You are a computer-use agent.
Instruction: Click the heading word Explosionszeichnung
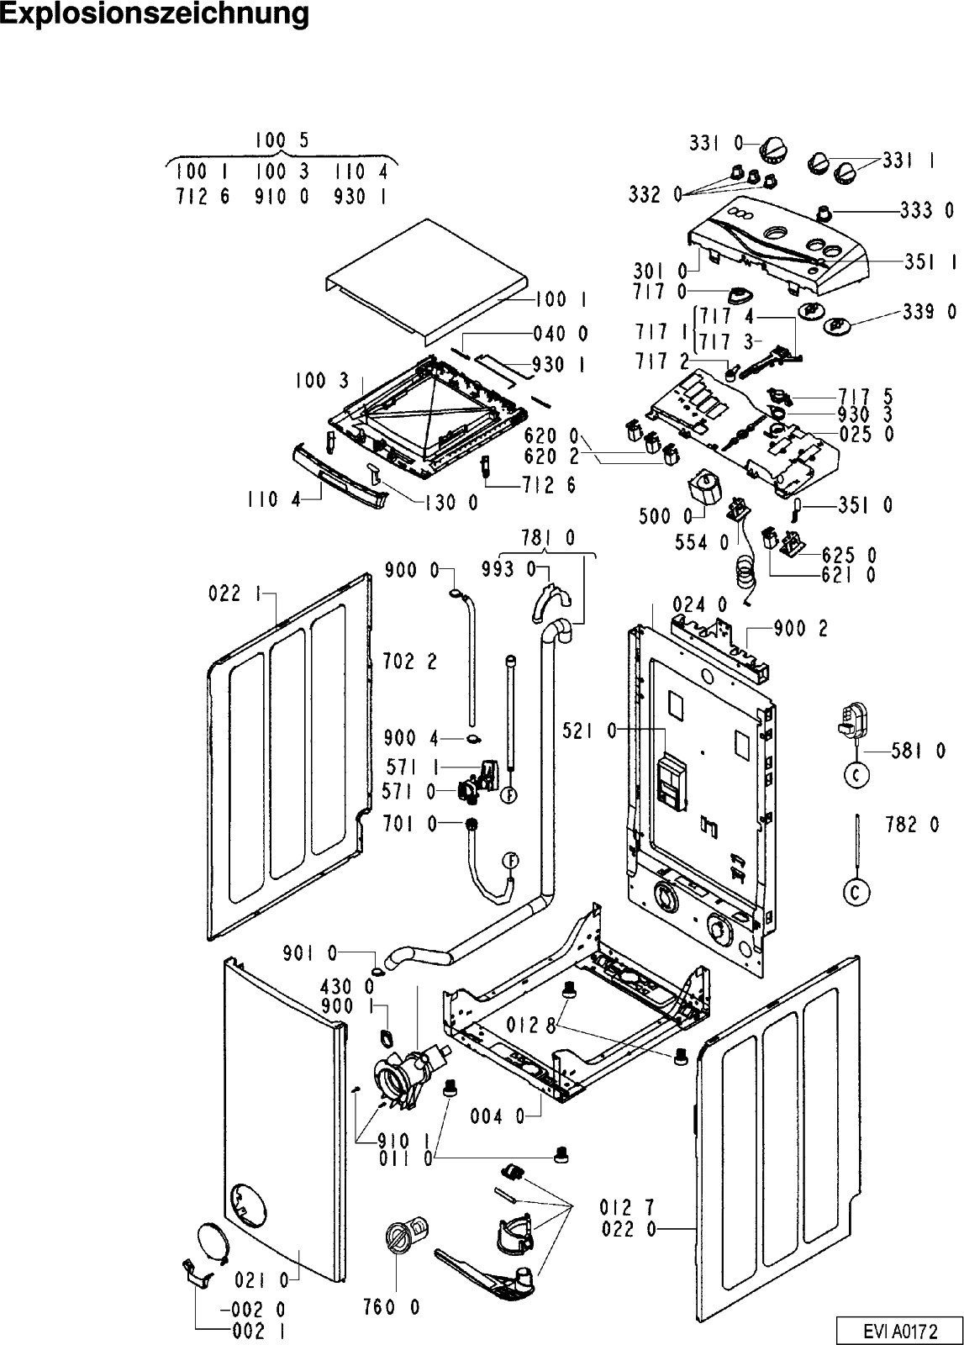tap(154, 14)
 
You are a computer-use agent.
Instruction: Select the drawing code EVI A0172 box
tap(897, 1331)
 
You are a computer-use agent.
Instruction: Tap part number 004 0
tap(502, 1117)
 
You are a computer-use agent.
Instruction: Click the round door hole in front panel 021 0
tap(249, 1205)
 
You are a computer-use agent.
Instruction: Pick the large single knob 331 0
tap(772, 150)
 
